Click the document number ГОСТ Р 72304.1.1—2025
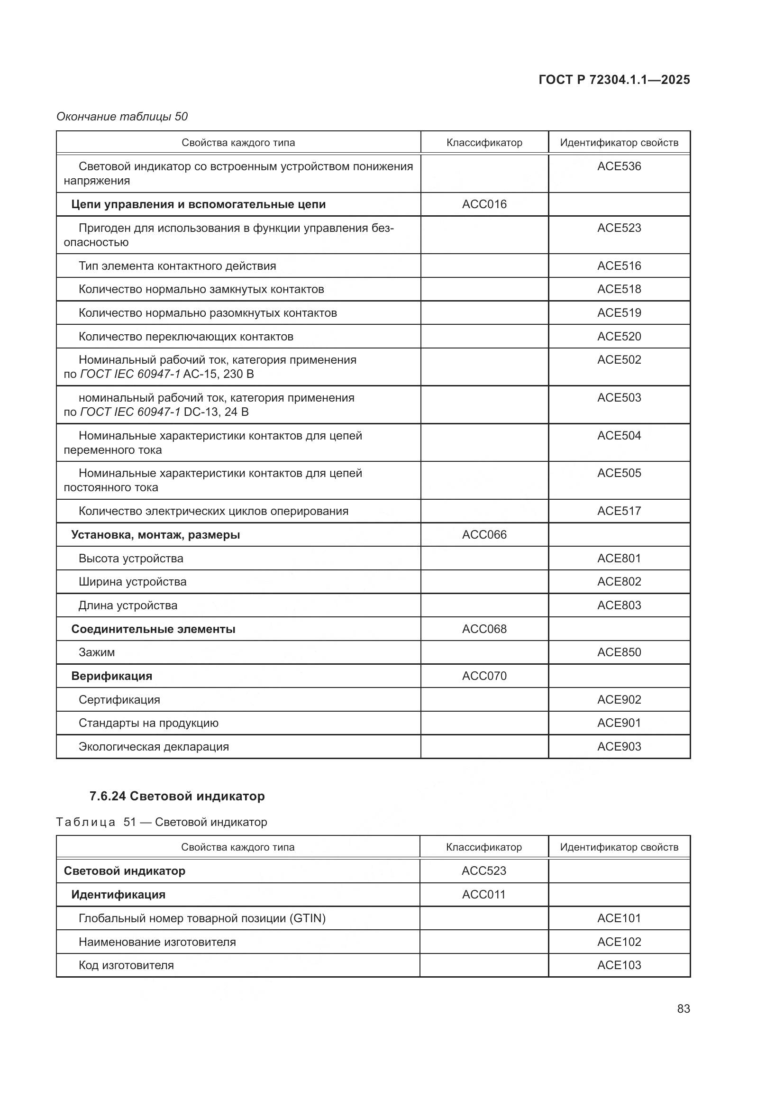(x=613, y=80)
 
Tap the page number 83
(x=683, y=1008)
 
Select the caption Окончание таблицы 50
(x=122, y=117)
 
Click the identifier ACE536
(x=619, y=166)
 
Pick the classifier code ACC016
(x=484, y=204)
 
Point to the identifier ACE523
(x=619, y=228)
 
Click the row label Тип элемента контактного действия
(x=177, y=266)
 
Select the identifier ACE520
(x=619, y=336)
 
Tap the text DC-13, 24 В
(x=216, y=412)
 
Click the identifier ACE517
(x=619, y=511)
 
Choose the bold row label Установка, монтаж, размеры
(x=155, y=535)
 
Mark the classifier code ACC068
(x=484, y=629)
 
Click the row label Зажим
(x=97, y=652)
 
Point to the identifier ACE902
(x=619, y=699)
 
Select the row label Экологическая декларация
(x=154, y=746)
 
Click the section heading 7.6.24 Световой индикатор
(x=177, y=796)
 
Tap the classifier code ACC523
(x=484, y=871)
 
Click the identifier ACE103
(x=619, y=965)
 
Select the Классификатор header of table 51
(x=484, y=847)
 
